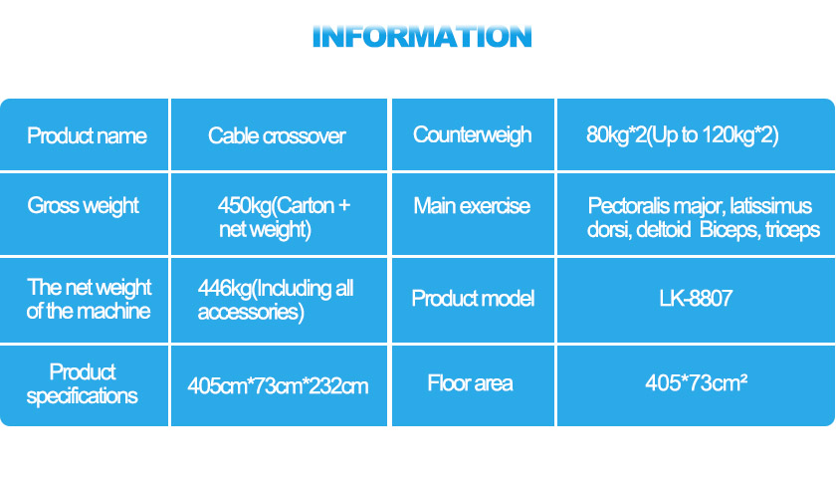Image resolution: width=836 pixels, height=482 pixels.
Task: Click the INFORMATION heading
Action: coord(422,36)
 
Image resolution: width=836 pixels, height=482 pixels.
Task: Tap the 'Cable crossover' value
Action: coord(277,136)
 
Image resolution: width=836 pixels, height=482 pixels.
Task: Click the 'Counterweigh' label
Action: coord(473,135)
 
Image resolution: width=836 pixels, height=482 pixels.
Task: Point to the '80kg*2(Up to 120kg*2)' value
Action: coord(683,135)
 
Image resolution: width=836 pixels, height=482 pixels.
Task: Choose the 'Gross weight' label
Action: coord(84,206)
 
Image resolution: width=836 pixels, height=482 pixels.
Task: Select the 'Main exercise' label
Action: coord(472,206)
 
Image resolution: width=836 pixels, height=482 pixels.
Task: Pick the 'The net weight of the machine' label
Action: coord(89,300)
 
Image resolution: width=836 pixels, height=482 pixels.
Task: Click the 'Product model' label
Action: coord(473,299)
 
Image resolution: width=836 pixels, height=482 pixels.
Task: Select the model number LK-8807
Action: coord(696,299)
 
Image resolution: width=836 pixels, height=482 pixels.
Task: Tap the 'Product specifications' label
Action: coord(82,384)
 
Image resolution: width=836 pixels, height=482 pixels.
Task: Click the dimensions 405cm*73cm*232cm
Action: coord(278,386)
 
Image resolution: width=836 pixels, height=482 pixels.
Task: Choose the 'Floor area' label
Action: coord(470,383)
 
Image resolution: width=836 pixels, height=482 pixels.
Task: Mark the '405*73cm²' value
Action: coord(696,382)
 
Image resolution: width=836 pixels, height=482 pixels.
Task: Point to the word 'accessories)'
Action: coord(251,313)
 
